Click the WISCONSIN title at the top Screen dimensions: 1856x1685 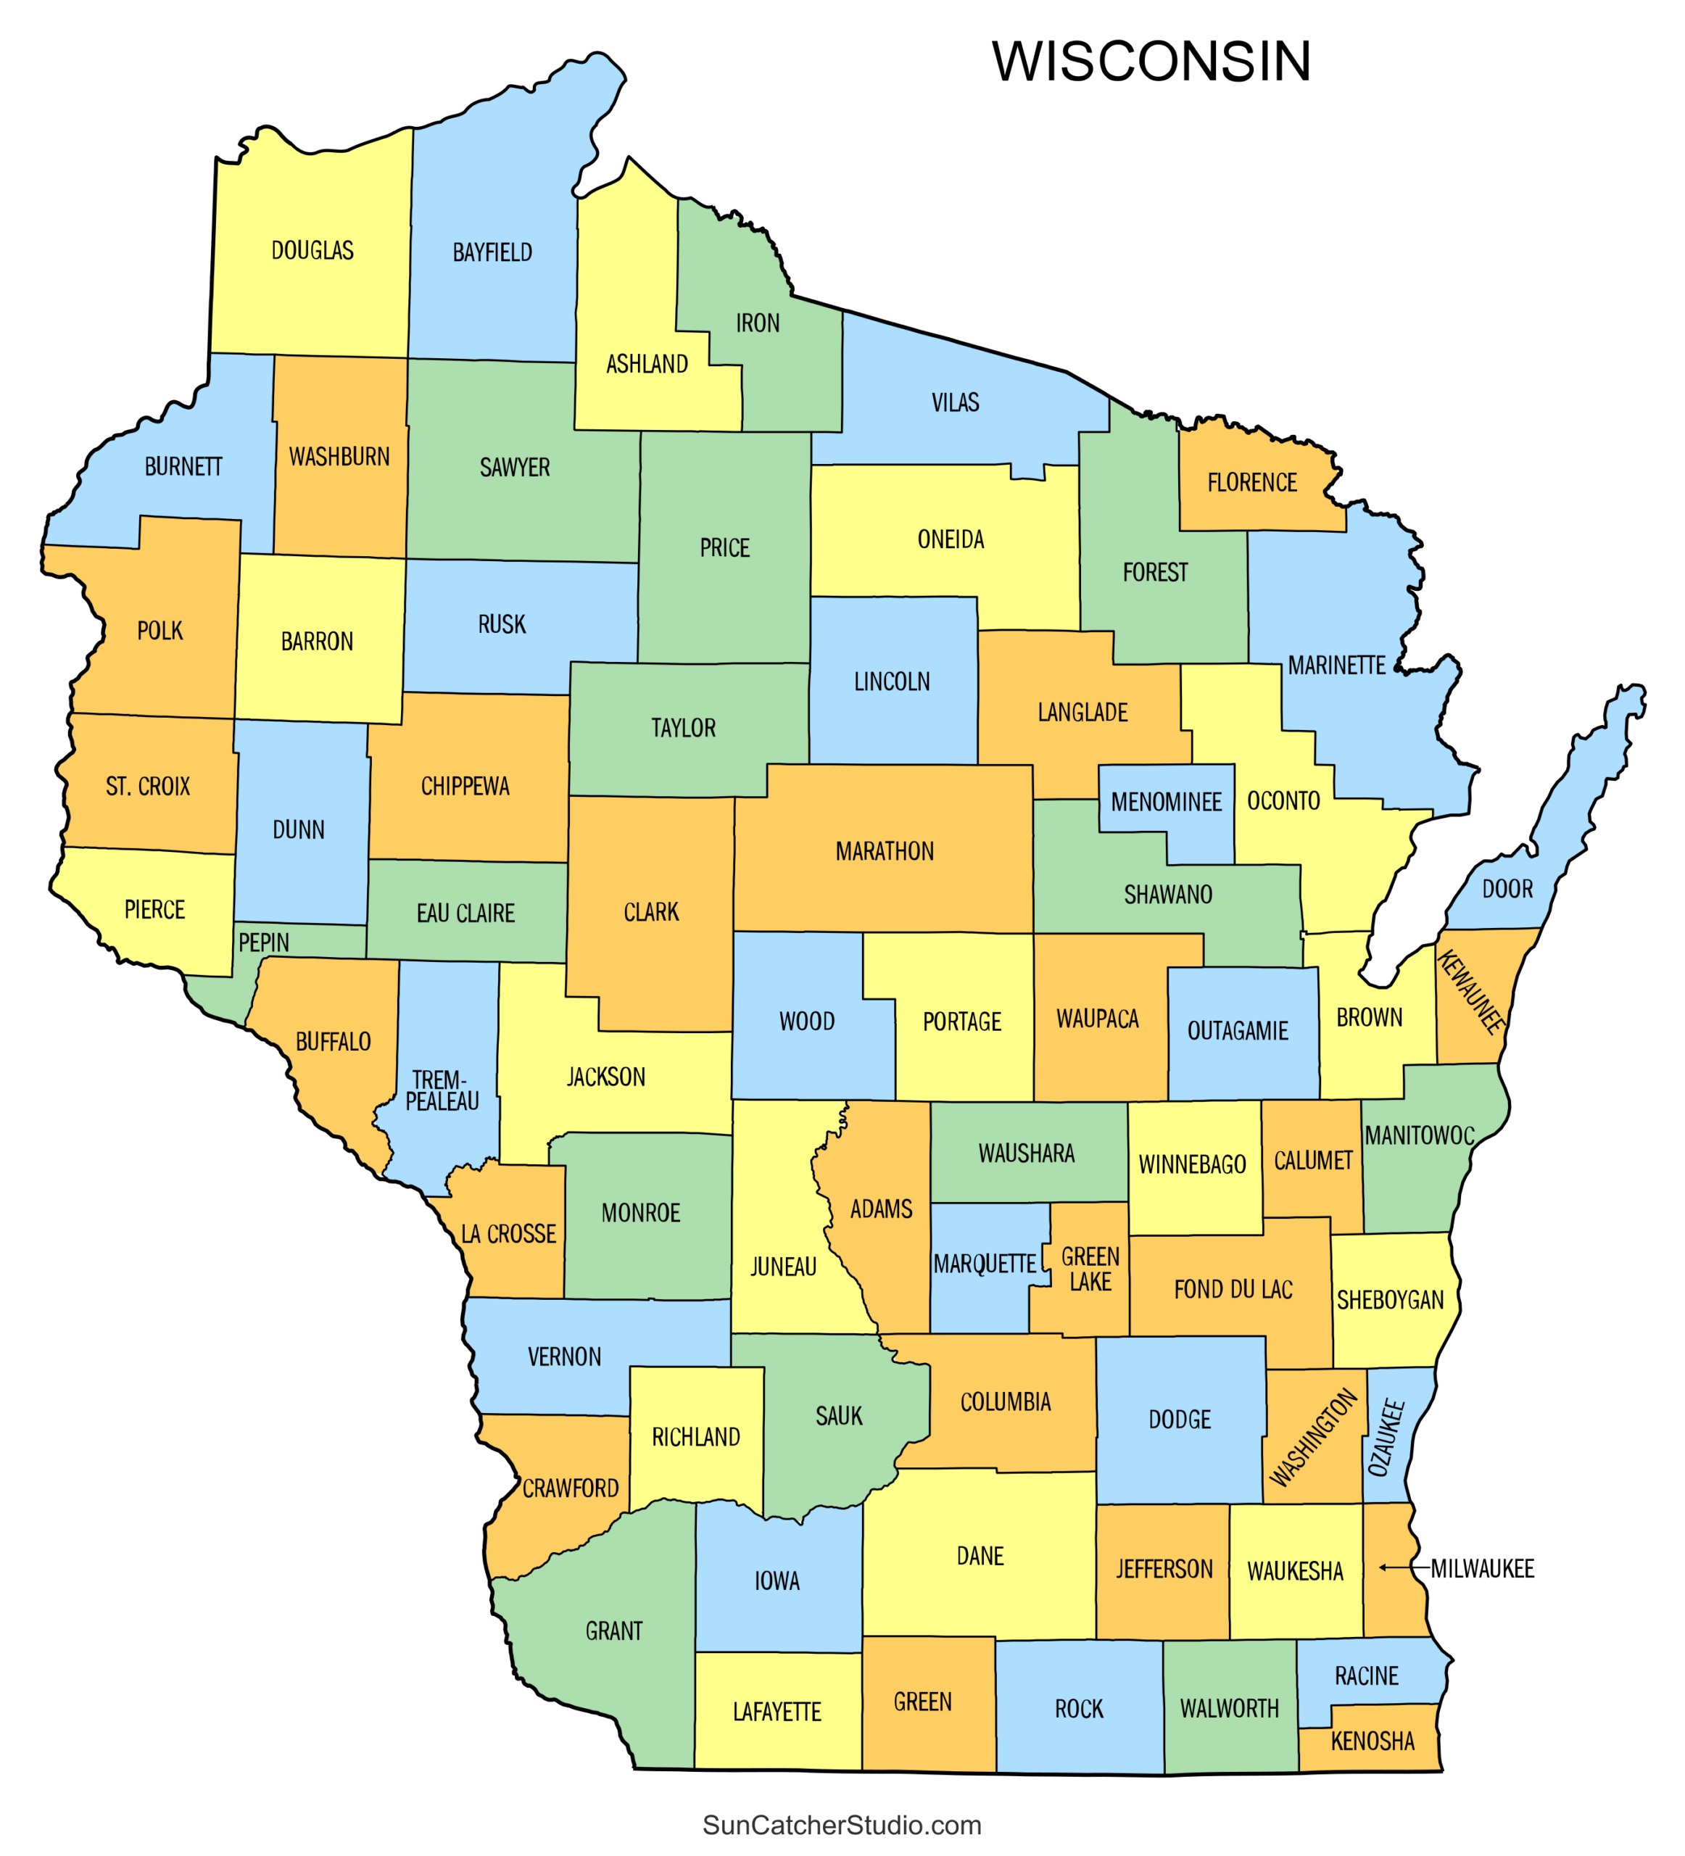coord(1151,62)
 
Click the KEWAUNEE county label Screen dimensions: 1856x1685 coord(1470,992)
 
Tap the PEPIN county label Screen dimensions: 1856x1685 coord(263,942)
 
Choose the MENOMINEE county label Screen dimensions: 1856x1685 coord(1166,802)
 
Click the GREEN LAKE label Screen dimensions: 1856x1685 coord(1090,1269)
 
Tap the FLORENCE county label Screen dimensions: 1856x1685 coord(1251,482)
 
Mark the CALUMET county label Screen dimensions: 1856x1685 coord(1312,1161)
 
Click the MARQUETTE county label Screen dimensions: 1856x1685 coord(985,1264)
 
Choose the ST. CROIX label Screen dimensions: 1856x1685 coord(147,786)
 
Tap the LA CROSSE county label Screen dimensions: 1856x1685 coord(508,1235)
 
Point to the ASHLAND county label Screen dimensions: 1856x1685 coord(647,365)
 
